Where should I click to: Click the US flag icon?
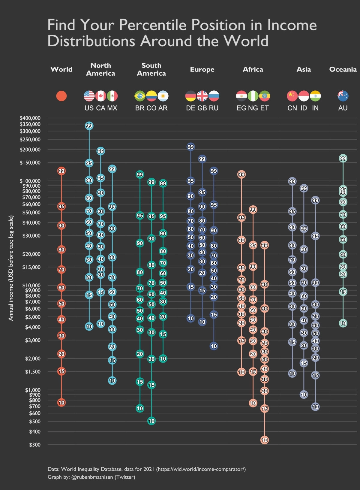point(89,96)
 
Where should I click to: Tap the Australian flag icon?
point(343,96)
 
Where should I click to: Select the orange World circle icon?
point(61,96)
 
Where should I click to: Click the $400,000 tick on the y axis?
point(30,118)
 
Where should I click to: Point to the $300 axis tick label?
point(34,445)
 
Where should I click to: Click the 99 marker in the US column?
point(89,126)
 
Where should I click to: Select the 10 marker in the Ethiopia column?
point(264,440)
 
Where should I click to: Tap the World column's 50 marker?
point(61,304)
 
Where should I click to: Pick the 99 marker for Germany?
point(190,147)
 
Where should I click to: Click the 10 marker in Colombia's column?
point(151,421)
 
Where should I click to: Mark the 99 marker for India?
point(315,200)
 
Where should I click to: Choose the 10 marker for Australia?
point(343,323)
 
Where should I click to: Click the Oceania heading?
point(343,69)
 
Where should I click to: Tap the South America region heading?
point(151,69)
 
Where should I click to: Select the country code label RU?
point(214,108)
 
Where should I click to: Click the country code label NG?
point(253,108)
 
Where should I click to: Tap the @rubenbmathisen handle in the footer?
point(92,477)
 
